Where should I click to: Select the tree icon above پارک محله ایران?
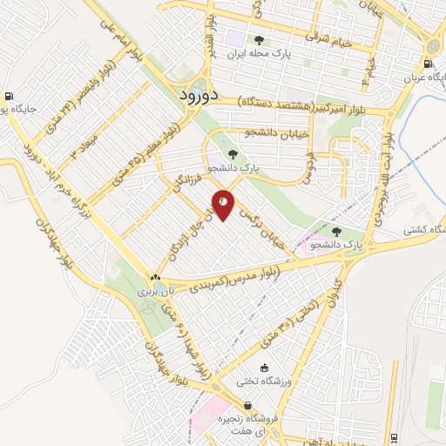[257, 40]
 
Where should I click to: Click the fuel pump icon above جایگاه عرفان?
[427, 64]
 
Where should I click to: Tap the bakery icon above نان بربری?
[155, 277]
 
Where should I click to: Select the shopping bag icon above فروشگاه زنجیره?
[249, 405]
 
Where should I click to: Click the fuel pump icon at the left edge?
[8, 96]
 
